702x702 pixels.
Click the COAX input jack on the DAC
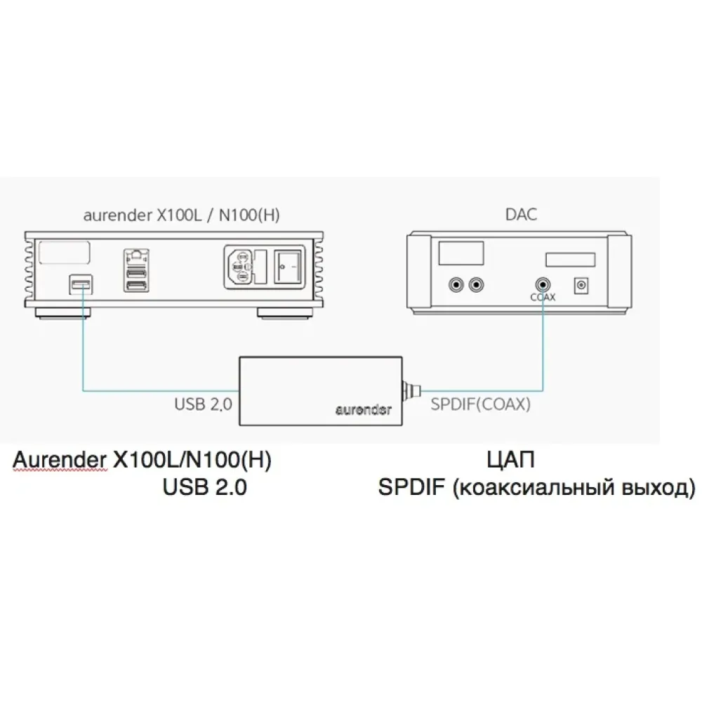pyautogui.click(x=543, y=284)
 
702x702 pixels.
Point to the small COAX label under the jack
pyautogui.click(x=543, y=298)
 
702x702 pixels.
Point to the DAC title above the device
pyautogui.click(x=521, y=214)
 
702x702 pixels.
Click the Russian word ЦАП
pyautogui.click(x=510, y=461)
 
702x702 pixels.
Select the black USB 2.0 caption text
pyautogui.click(x=204, y=487)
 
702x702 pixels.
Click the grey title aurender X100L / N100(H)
pyautogui.click(x=181, y=215)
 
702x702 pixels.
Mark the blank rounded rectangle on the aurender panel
pyautogui.click(x=65, y=252)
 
